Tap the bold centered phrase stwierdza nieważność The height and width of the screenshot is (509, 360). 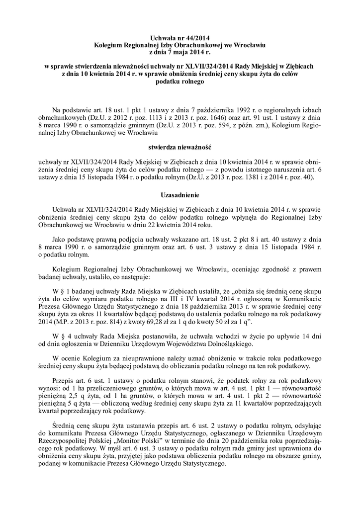click(x=180, y=148)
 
